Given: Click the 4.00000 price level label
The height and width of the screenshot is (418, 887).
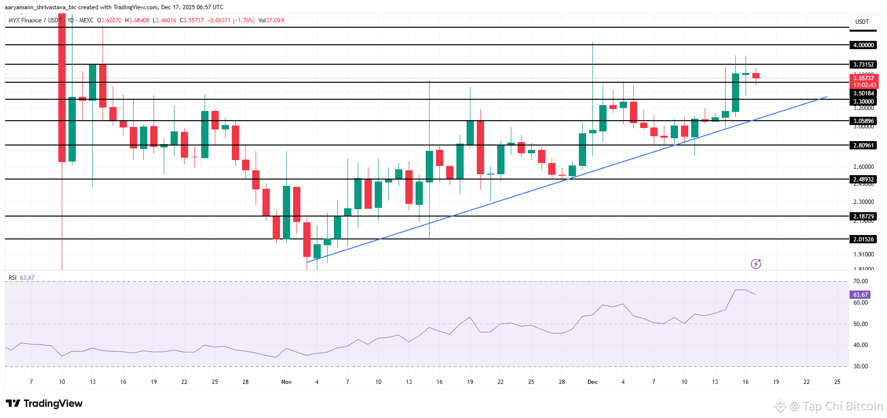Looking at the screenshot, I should pos(863,45).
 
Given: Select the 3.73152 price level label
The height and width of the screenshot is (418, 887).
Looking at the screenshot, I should pos(863,65).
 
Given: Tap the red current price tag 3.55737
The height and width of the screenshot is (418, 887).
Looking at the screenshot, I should pos(863,78).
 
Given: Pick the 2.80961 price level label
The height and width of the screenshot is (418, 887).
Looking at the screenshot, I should pos(863,145).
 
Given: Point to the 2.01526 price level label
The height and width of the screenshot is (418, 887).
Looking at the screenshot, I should pos(863,239).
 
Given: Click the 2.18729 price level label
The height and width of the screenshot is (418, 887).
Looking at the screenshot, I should pos(863,217).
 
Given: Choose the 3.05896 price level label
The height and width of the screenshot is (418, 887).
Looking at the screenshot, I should pos(863,121).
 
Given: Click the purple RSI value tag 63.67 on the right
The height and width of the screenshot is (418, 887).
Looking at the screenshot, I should pos(860,295).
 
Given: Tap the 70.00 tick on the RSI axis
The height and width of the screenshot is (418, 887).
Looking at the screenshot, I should pos(860,281).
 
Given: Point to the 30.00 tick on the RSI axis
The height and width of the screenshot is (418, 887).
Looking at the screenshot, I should pos(860,366).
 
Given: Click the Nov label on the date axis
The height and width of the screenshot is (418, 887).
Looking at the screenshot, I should pos(286,382).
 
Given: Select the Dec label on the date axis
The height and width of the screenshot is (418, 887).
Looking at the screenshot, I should pos(592,382).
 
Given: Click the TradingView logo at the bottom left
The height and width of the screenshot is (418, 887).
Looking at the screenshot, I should pos(44,403).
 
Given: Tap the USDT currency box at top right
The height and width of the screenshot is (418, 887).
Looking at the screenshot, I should pos(862,22).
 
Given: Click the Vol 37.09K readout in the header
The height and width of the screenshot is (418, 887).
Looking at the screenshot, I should pos(272,20).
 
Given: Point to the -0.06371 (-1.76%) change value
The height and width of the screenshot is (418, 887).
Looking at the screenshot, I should pos(231,20).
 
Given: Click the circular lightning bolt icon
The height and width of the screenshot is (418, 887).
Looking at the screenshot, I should pos(756,264).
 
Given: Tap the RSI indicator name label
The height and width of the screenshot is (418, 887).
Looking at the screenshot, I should pos(13,278).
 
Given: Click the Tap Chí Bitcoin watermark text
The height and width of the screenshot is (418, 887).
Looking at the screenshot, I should pos(842,406).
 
